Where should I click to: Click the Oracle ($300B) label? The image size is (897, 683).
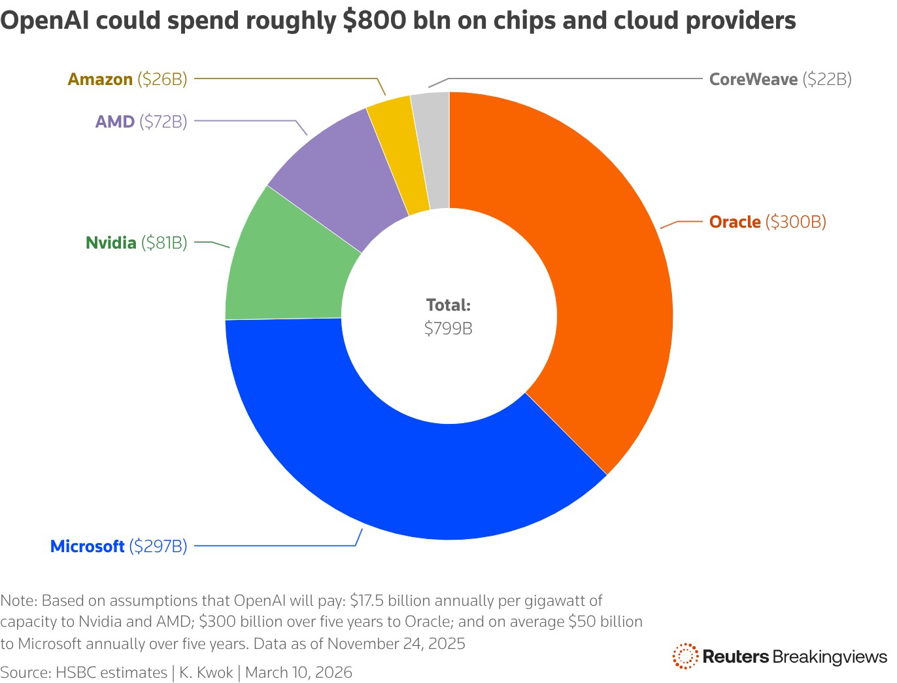click(x=768, y=222)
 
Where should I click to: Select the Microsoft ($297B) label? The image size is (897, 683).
click(x=118, y=546)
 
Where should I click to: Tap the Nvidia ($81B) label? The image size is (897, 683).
click(x=136, y=243)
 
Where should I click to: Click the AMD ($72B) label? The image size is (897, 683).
click(x=141, y=122)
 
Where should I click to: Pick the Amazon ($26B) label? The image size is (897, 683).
click(x=127, y=80)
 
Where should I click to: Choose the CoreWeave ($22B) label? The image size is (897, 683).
click(x=780, y=80)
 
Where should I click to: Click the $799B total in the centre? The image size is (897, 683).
click(x=448, y=328)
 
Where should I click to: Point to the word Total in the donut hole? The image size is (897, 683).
click(x=448, y=305)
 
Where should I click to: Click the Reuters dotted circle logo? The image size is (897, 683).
click(x=685, y=656)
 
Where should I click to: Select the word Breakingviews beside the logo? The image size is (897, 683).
click(x=830, y=657)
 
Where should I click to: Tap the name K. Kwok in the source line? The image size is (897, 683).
click(x=206, y=673)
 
